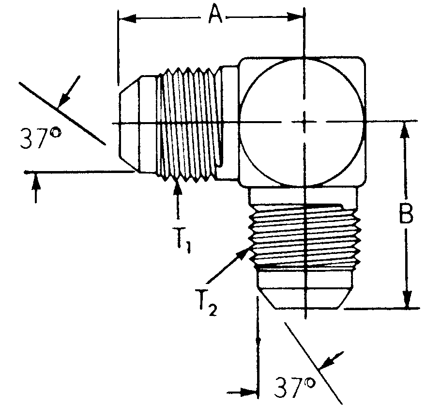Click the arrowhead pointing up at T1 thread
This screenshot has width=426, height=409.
tap(178, 187)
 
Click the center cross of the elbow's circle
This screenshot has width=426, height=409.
tap(304, 123)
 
